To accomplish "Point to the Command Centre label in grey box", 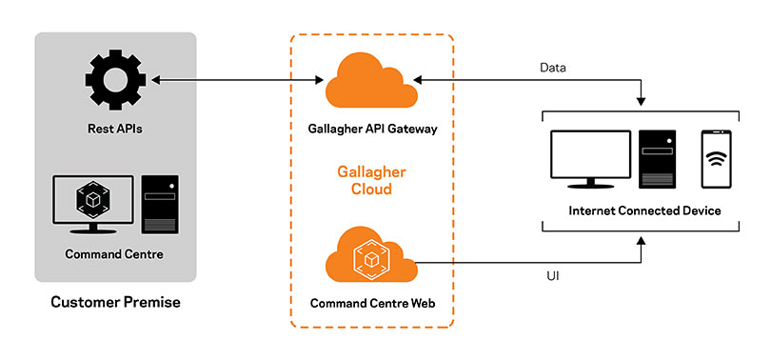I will tap(114, 254).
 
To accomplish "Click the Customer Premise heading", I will tap(114, 303).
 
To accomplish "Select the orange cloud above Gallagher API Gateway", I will tap(372, 84).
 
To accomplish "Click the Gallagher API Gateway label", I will tap(373, 129).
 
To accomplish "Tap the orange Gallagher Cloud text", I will tap(372, 180).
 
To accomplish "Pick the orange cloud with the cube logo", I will tap(372, 259).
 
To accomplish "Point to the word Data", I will tap(553, 68).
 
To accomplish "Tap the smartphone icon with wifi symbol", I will tap(716, 159).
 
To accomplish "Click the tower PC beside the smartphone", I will tap(658, 159).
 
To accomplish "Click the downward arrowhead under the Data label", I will tap(643, 101).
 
